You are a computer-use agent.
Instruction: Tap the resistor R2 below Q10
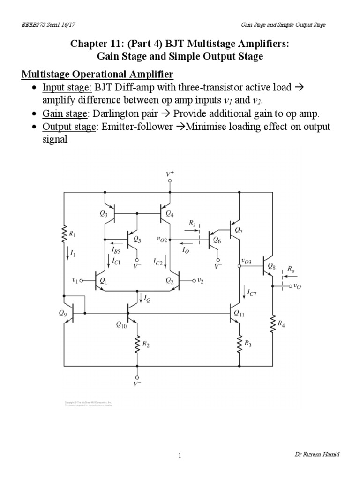[137, 345]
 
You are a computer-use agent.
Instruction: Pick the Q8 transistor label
[271, 266]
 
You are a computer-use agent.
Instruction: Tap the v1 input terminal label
[75, 281]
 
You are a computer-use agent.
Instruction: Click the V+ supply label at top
[170, 174]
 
